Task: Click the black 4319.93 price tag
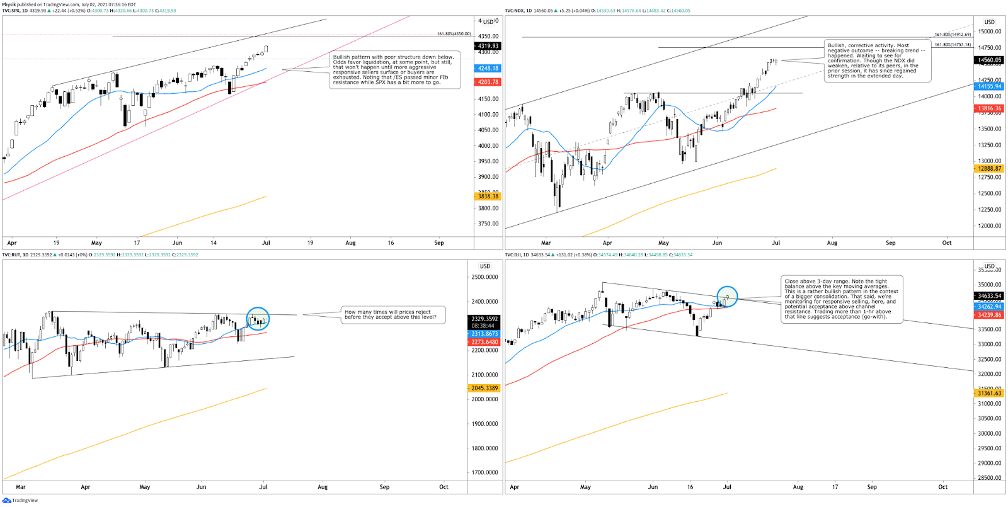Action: (x=488, y=46)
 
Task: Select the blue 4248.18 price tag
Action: (x=488, y=68)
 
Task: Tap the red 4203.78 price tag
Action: (x=488, y=82)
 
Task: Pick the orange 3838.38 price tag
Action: (x=488, y=197)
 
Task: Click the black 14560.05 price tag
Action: (x=989, y=60)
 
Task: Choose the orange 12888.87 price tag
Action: (x=989, y=169)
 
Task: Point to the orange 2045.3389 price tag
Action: (x=484, y=388)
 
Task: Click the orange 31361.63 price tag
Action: (x=989, y=393)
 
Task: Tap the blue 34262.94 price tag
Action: (x=989, y=307)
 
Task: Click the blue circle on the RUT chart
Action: (x=258, y=319)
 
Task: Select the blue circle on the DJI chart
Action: (x=727, y=297)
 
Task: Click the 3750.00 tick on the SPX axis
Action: (x=488, y=224)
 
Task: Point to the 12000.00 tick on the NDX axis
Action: (x=989, y=225)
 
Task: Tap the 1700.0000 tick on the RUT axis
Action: (x=484, y=472)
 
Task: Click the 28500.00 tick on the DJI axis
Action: (x=989, y=478)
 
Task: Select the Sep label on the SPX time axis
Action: (x=439, y=242)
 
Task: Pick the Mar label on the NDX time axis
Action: (x=546, y=242)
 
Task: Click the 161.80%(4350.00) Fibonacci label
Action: (x=454, y=34)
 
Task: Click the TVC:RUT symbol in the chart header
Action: (x=11, y=255)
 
